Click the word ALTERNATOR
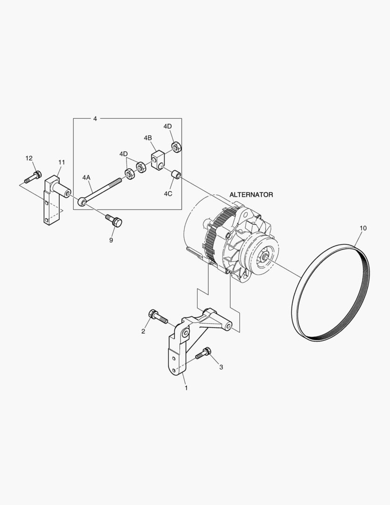tap(251, 194)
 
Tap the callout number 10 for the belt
tap(363, 228)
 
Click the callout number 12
tap(29, 159)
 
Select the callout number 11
tap(62, 162)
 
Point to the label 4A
tap(86, 178)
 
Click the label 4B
tap(148, 138)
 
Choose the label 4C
tap(168, 193)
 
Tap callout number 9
tap(111, 240)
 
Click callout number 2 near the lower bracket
tap(143, 331)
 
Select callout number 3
tap(220, 367)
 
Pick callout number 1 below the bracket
tap(186, 388)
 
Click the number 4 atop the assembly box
tap(95, 119)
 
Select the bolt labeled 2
tap(157, 317)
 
